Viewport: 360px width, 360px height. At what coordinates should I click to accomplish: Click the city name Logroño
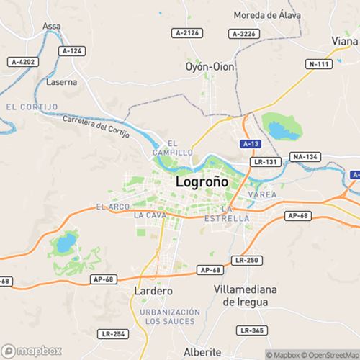(202, 182)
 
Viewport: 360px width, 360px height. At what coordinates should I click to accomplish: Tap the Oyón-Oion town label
(210, 66)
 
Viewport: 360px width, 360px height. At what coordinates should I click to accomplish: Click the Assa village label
(52, 26)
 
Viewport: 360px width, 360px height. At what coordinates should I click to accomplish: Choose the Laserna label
(61, 82)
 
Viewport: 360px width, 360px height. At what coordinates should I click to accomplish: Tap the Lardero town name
(154, 291)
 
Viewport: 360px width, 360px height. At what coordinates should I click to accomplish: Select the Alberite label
(203, 351)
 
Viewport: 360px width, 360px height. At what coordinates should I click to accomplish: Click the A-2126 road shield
(187, 33)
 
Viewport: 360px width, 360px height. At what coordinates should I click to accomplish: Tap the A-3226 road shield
(243, 33)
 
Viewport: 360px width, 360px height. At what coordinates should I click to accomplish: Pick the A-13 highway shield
(251, 144)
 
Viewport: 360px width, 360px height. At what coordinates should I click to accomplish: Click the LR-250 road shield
(246, 259)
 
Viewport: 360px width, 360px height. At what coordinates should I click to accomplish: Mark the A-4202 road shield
(22, 62)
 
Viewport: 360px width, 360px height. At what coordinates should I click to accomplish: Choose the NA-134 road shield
(305, 156)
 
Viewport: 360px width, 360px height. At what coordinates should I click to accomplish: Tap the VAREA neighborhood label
(261, 195)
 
